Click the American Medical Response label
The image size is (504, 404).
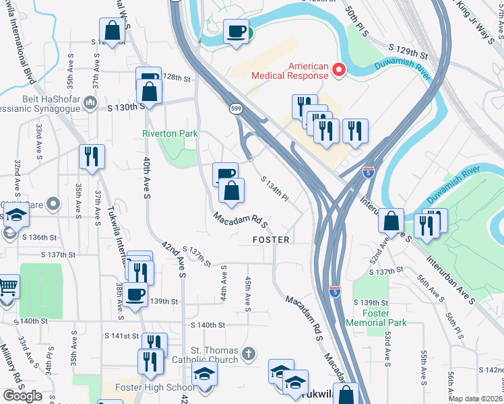pos(290,70)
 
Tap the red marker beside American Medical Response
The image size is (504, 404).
pos(340,69)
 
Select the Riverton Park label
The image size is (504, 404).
pos(170,133)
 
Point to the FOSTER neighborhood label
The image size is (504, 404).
pos(271,240)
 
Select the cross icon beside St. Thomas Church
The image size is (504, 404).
pos(249,353)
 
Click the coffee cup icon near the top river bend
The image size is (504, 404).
pos(237,31)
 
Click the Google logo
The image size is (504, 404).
pos(22,395)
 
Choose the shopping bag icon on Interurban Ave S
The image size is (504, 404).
pos(391,220)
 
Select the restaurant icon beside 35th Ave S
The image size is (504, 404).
pos(90,156)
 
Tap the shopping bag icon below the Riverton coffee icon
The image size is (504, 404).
pos(231,191)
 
